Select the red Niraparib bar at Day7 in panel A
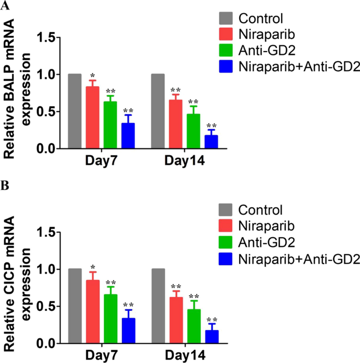92,118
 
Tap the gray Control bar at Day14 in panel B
158,306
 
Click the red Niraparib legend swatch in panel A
225,35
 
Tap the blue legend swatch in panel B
225,259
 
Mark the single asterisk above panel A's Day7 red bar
92,76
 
